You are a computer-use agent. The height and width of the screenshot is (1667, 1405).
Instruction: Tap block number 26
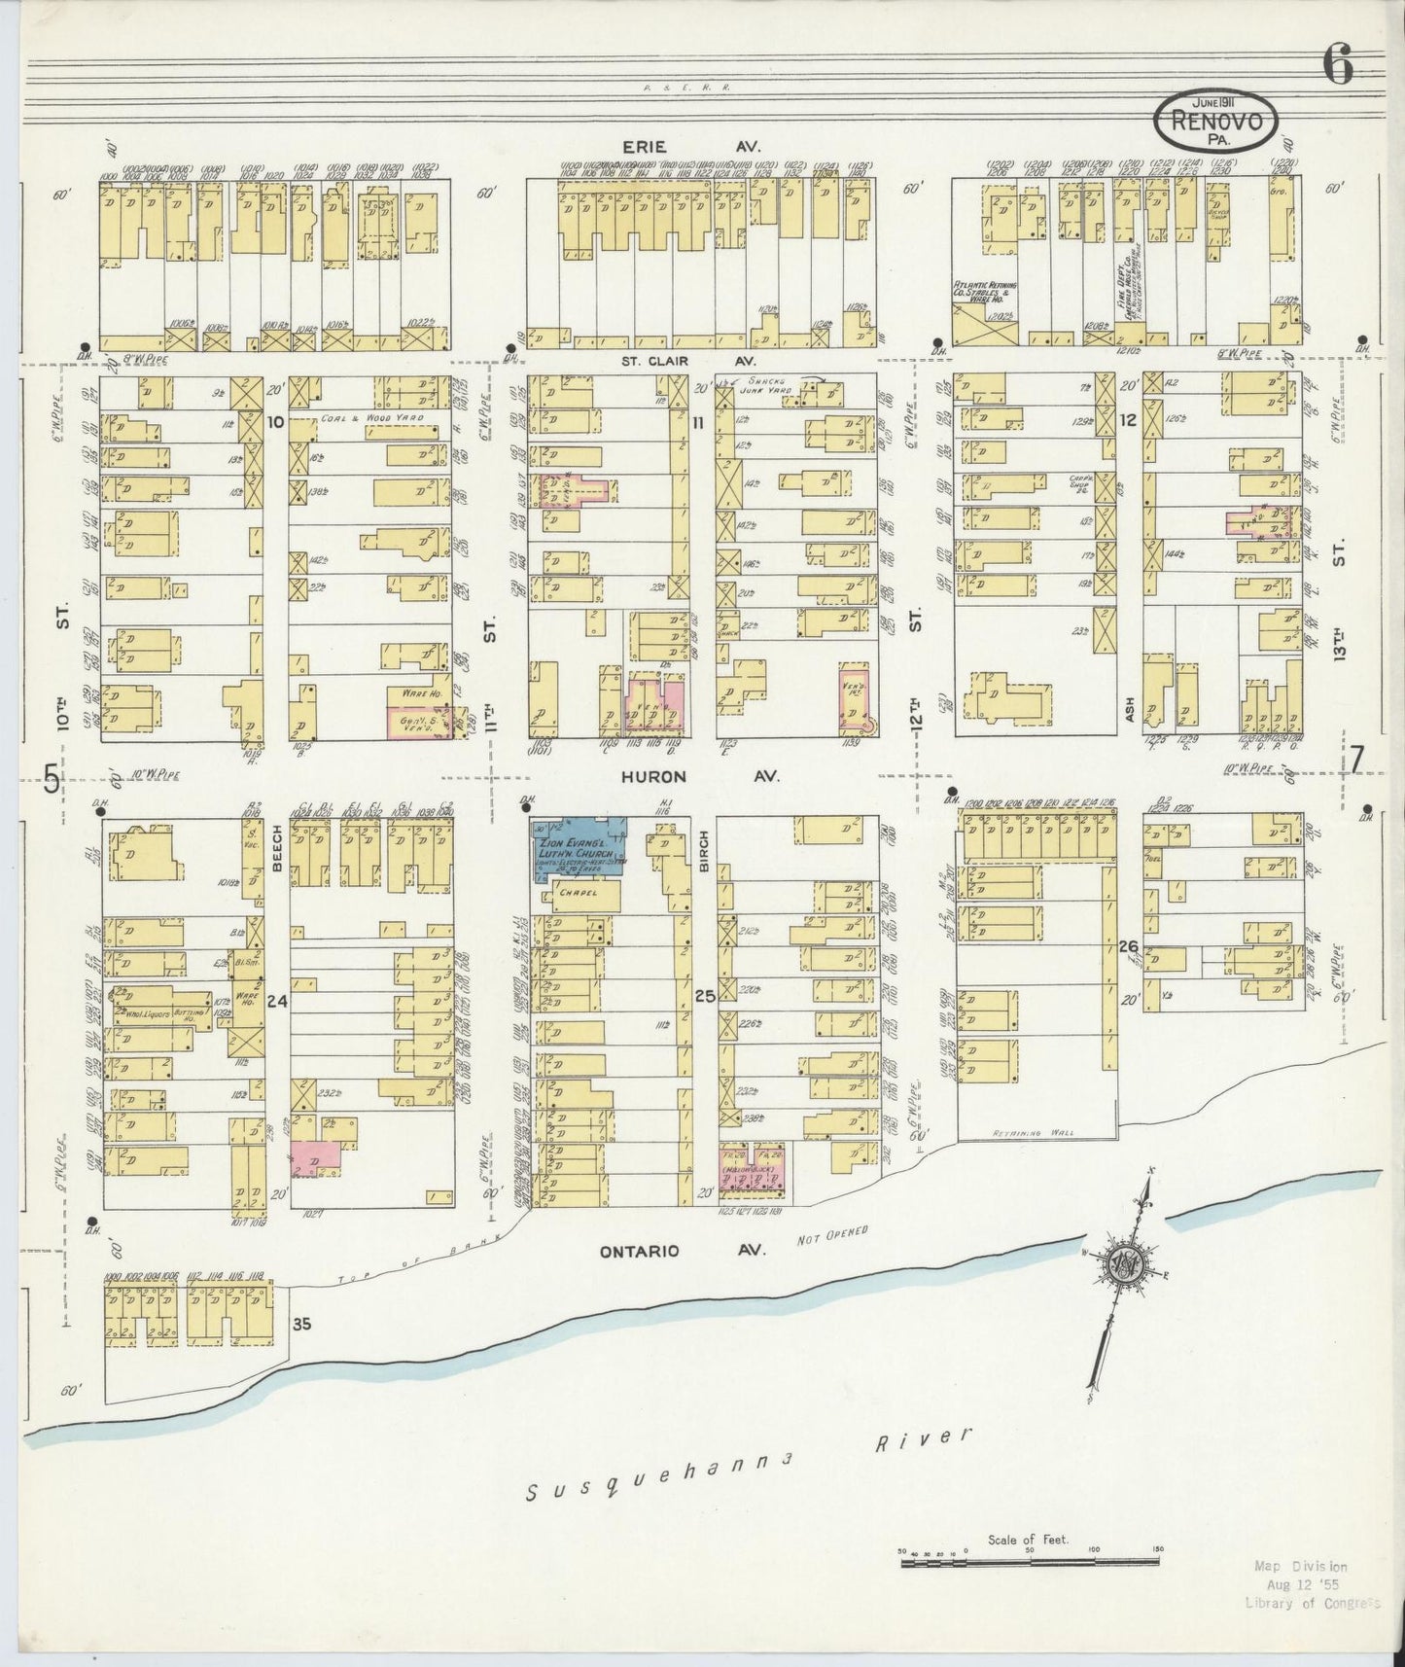click(1128, 945)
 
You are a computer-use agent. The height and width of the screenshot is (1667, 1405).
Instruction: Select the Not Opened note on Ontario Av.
click(830, 1237)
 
